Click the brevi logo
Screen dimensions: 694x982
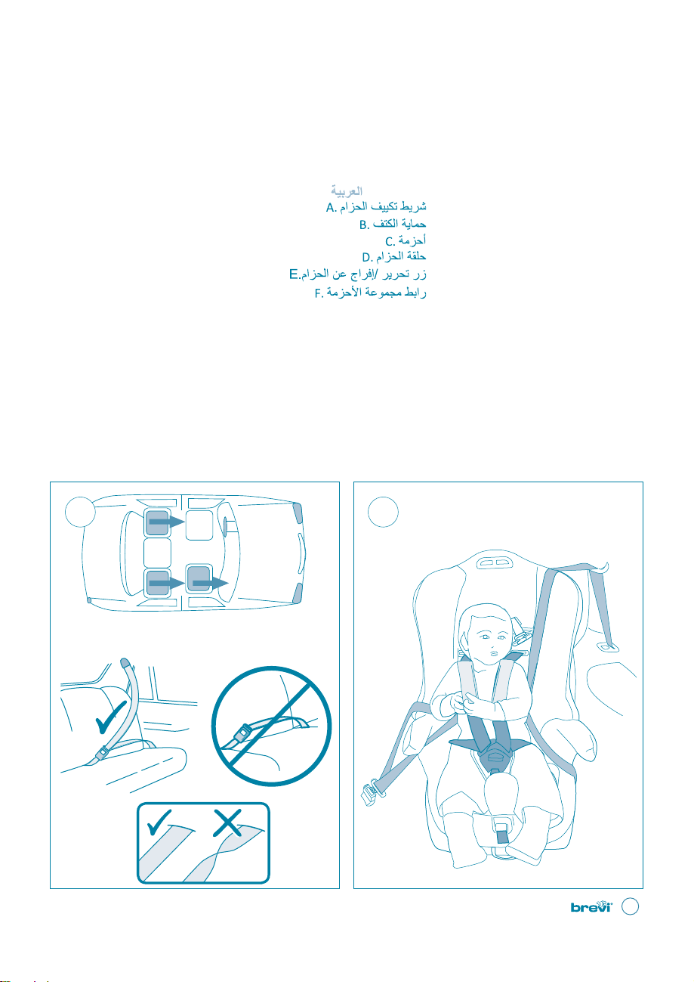tap(591, 906)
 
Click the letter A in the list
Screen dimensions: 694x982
tap(330, 207)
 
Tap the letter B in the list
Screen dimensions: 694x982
tap(363, 225)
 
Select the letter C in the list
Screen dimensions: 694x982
tap(389, 242)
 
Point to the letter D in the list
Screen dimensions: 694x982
tap(366, 257)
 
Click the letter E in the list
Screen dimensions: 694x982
tap(294, 275)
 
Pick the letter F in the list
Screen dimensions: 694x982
tap(319, 293)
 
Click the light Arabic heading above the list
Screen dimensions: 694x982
tap(347, 191)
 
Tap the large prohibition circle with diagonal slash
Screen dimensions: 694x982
tap(271, 726)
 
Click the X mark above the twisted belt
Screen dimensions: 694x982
tap(227, 822)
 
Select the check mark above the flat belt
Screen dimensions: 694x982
tap(158, 822)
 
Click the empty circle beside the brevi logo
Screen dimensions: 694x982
tap(630, 906)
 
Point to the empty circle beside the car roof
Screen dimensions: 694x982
tap(80, 512)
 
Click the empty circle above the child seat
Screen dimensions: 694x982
tap(383, 512)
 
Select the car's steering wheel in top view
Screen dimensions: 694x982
tap(227, 525)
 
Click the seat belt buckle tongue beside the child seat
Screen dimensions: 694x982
tap(370, 791)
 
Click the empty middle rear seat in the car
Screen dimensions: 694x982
tap(157, 553)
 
